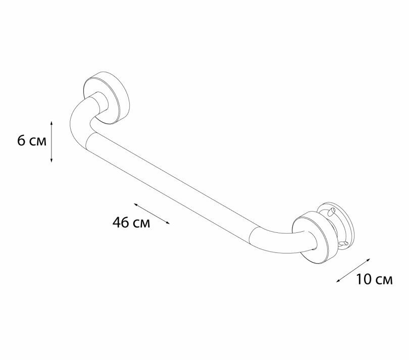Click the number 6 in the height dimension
21,140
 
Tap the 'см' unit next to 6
37,141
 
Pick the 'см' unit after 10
384,280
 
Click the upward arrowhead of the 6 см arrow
52,123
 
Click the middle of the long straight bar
174,184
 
